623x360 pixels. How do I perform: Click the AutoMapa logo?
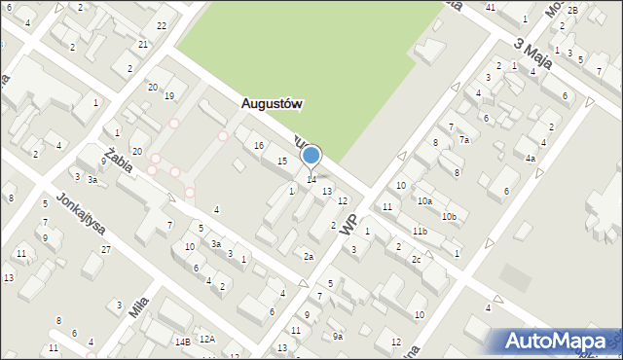coord(557,341)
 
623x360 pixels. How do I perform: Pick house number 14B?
coord(181,342)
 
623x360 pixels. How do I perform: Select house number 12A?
coord(206,340)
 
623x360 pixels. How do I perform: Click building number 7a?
coord(464,140)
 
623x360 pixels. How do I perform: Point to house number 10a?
coord(424,201)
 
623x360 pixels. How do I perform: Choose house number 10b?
coord(449,216)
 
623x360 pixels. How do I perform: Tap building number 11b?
coord(419,231)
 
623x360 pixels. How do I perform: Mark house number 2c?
coord(416,259)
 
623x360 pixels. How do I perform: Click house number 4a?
coord(530,158)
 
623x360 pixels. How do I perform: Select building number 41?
coord(490,8)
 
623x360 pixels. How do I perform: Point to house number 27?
coord(105,250)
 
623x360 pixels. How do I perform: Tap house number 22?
coord(161,25)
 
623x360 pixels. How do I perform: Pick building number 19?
coord(168,95)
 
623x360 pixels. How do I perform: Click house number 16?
coord(258,145)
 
